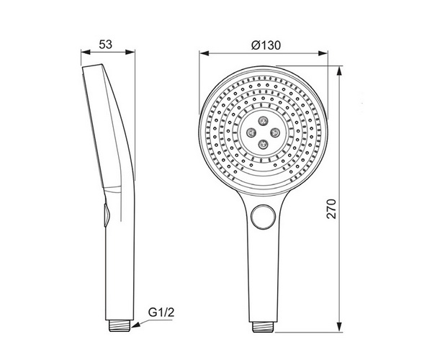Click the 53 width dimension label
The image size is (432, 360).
point(106,45)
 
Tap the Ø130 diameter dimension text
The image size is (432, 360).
point(266,45)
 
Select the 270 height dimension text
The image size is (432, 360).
point(332,209)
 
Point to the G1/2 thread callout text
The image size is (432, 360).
point(161,312)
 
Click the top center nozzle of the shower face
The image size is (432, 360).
point(263,121)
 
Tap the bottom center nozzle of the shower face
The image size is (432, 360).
point(263,144)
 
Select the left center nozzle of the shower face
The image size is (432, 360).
point(251,132)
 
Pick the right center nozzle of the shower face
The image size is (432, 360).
point(275,132)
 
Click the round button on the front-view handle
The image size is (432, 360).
point(263,217)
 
